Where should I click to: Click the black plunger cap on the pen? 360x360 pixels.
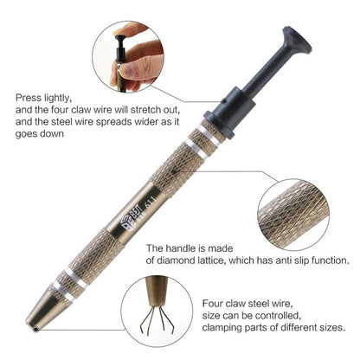pyautogui.click(x=297, y=41)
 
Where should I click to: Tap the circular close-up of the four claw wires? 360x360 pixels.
pyautogui.click(x=157, y=311)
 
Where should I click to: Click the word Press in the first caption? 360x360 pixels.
pyautogui.click(x=29, y=98)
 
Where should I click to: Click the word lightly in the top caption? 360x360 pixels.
pyautogui.click(x=58, y=98)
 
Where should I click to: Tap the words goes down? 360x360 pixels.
pyautogui.click(x=40, y=134)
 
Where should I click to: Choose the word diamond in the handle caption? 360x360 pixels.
pyautogui.click(x=176, y=260)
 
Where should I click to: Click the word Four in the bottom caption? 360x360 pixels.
pyautogui.click(x=213, y=304)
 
